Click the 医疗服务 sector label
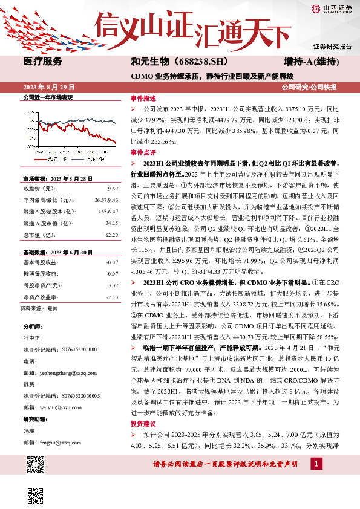[x=42, y=62]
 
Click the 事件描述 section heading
[x=143, y=98]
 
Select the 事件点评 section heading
[x=143, y=153]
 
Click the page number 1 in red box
[x=315, y=464]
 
